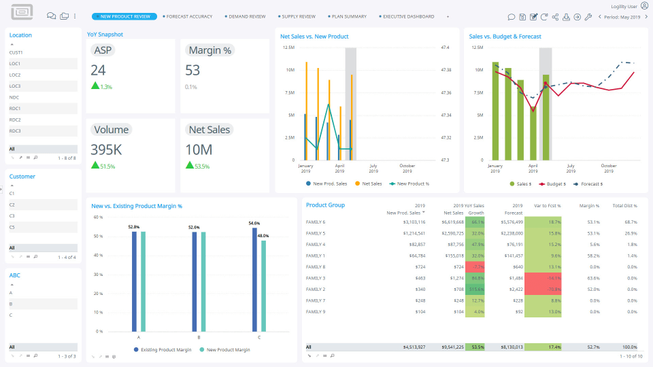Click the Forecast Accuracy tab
coord(189,16)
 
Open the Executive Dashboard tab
coord(408,16)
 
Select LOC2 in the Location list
coord(15,75)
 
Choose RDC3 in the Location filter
coord(15,130)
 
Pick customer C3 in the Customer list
coord(12,215)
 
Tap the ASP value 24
coord(99,70)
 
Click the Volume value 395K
coord(107,150)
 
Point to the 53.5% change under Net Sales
coord(202,166)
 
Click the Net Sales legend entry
coord(371,183)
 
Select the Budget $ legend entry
coord(557,183)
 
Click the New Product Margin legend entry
coord(228,349)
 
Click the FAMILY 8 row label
coord(316,266)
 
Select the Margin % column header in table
coord(589,205)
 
